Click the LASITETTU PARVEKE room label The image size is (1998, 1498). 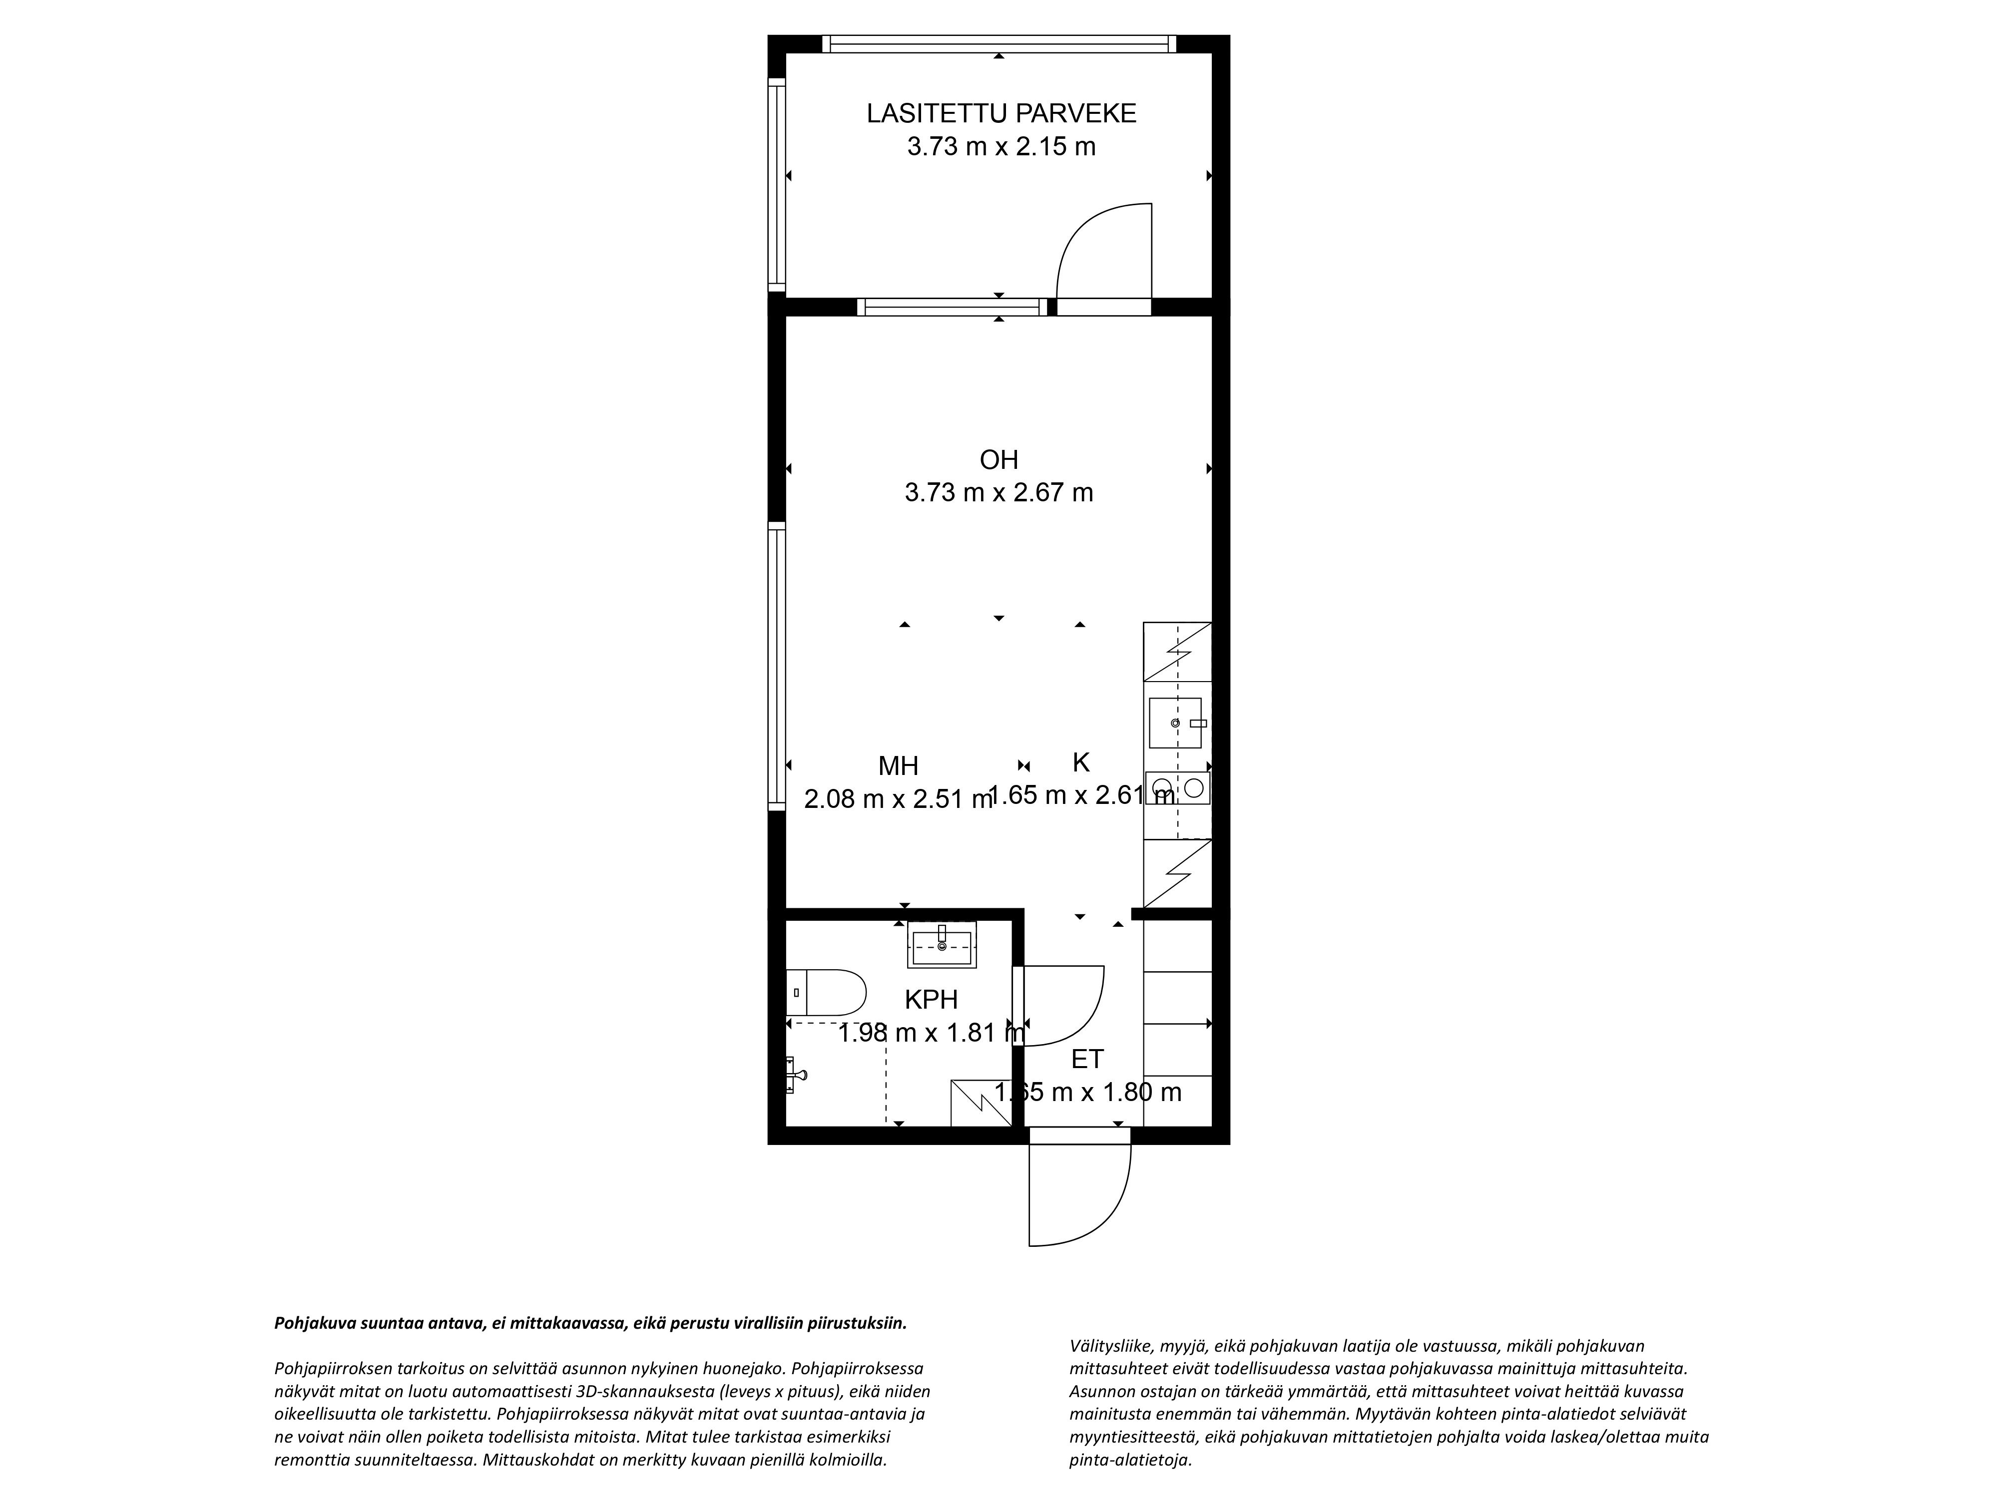[x=1001, y=114]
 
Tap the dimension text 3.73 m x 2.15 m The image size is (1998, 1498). [x=1001, y=146]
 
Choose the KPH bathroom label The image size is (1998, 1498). [x=931, y=1000]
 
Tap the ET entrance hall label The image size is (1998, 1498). [x=1087, y=1059]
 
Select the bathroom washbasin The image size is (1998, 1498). [x=942, y=945]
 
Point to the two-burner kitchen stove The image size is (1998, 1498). [x=1177, y=787]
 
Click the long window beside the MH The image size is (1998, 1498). [x=777, y=667]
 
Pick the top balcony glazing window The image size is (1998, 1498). [x=999, y=43]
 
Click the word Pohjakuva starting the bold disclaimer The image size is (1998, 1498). [x=314, y=1324]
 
